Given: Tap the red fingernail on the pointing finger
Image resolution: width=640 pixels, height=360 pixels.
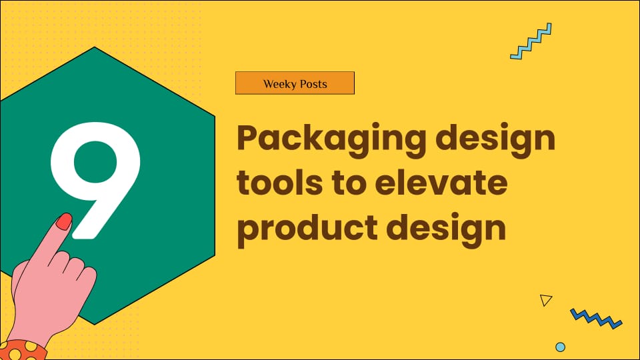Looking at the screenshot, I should click(x=64, y=221).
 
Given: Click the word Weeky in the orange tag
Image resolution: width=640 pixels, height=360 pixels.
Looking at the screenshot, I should click(x=278, y=84).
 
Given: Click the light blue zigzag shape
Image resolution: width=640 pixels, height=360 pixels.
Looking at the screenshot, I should click(x=531, y=41).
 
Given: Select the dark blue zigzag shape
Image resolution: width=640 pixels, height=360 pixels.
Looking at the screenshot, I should click(x=595, y=318).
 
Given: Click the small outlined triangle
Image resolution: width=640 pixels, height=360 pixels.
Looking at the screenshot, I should click(x=546, y=300).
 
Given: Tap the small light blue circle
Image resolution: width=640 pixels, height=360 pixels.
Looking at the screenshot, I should click(x=560, y=347).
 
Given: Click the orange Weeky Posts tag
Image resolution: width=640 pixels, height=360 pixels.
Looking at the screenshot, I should click(x=295, y=84).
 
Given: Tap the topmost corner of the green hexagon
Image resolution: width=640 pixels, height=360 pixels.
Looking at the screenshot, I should click(x=95, y=47).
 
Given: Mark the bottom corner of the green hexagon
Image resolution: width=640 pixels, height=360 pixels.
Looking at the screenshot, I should click(x=95, y=324).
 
